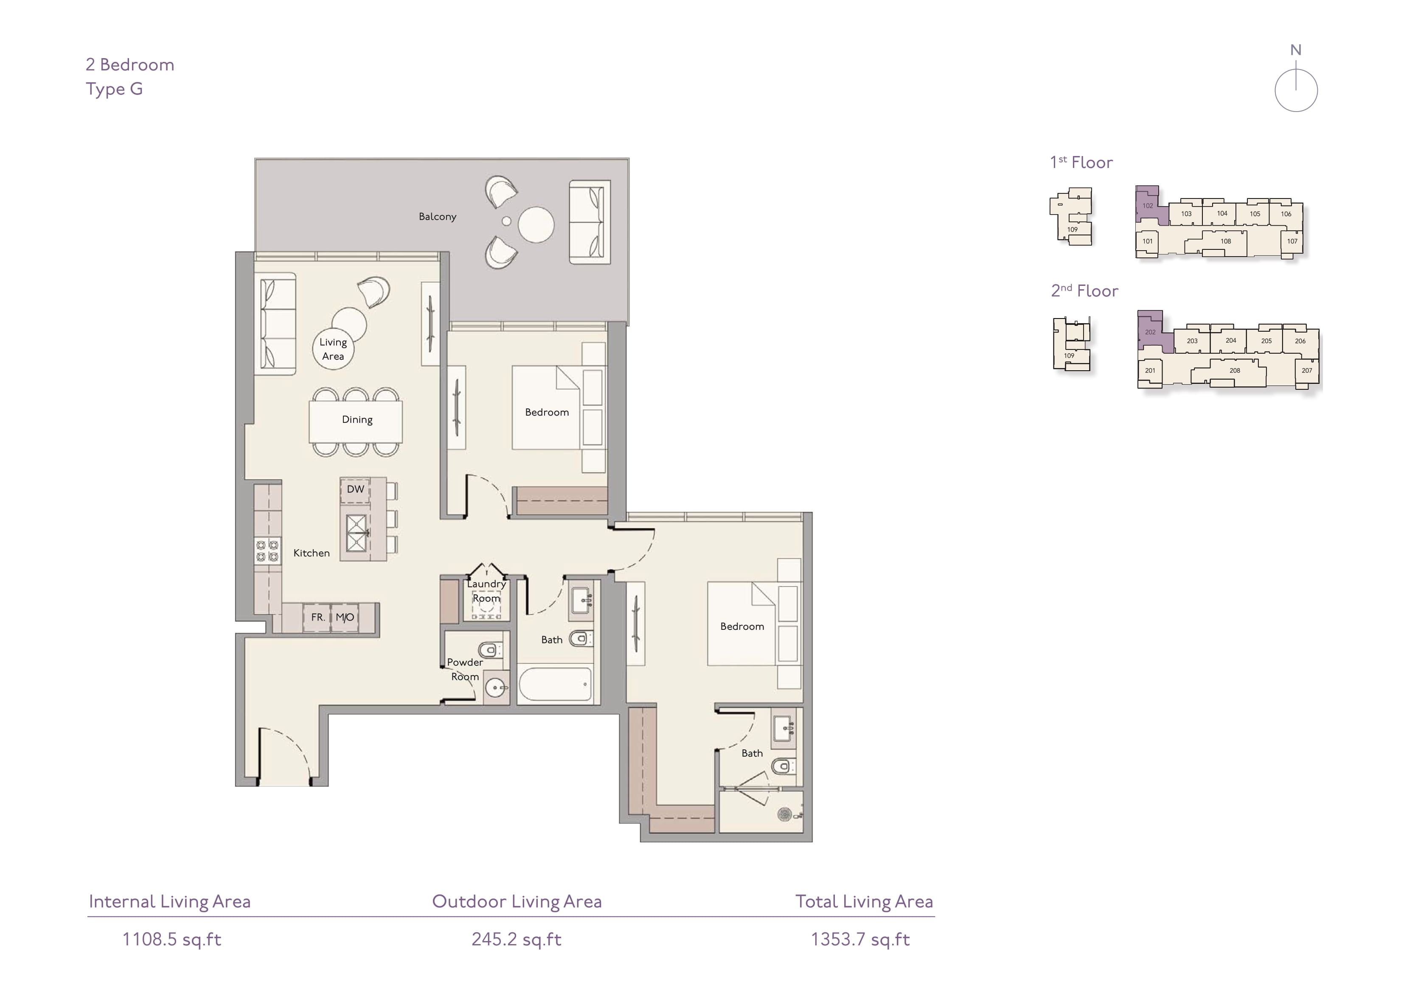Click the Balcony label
coord(437,216)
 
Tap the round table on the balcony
coord(536,224)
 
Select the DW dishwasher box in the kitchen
coord(355,489)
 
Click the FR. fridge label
coord(318,618)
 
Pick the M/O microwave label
coord(345,618)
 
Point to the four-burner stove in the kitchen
coord(267,550)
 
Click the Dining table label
coord(357,420)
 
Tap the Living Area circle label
coord(333,349)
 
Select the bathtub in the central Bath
coord(555,684)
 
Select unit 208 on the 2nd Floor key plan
coord(1235,370)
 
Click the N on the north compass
coord(1296,50)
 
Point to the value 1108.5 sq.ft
coord(172,939)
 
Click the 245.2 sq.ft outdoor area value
coord(517,939)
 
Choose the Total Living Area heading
coord(864,902)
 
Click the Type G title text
coord(114,89)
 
